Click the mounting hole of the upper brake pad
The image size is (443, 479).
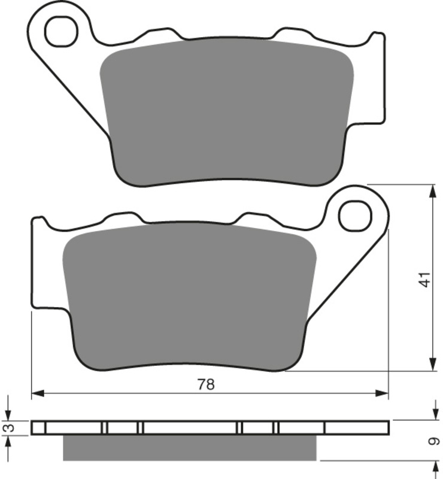61,31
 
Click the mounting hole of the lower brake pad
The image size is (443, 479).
354,216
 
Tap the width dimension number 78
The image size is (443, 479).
206,384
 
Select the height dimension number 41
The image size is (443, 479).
424,279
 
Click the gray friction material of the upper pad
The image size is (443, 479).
226,111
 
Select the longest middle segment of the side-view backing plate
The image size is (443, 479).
191,428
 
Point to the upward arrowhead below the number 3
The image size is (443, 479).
8,442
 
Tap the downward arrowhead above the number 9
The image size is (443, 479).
432,414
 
